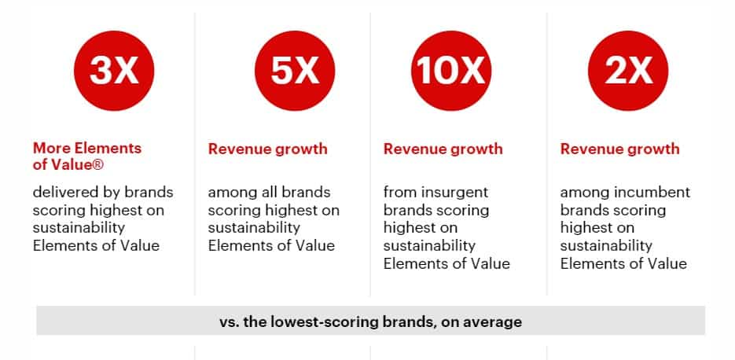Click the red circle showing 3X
tap(114, 71)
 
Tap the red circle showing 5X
tap(295, 71)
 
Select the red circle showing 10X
tap(451, 71)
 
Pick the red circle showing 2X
tap(628, 71)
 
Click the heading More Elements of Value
tap(87, 156)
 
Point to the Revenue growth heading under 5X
tap(267, 149)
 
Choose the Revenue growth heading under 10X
tap(443, 149)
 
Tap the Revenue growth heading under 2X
tap(619, 149)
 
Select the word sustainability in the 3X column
tap(79, 228)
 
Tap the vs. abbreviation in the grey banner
tap(230, 323)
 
